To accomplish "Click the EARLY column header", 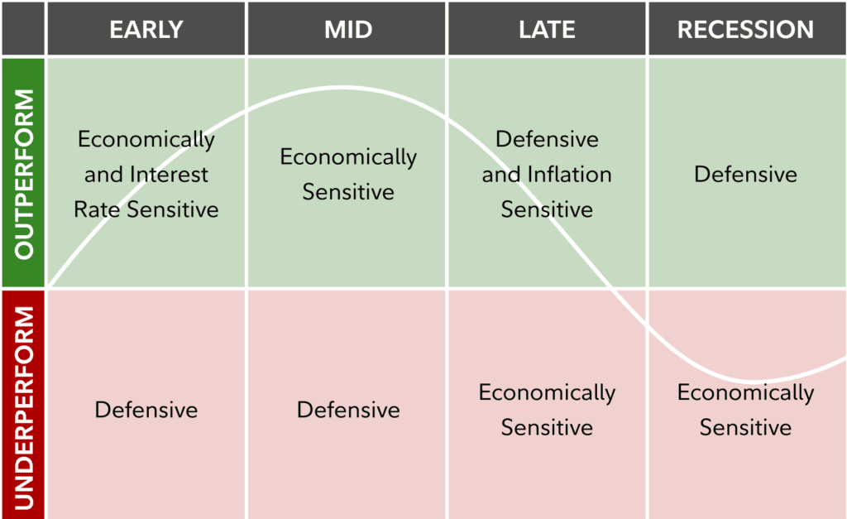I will [x=146, y=30].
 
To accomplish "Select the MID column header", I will [x=347, y=30].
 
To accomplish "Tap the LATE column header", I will [x=547, y=30].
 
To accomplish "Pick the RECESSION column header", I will [x=745, y=30].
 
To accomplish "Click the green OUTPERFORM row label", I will [x=23, y=173].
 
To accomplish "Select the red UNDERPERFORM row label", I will [x=23, y=405].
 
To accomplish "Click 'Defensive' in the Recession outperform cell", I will [x=745, y=175].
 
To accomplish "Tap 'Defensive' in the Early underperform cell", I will [x=146, y=410].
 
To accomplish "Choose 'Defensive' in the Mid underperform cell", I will [x=347, y=410].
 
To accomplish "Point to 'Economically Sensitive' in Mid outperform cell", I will [x=347, y=174].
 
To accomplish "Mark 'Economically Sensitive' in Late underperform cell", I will [x=547, y=410].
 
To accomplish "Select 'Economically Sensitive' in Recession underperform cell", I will [x=745, y=410].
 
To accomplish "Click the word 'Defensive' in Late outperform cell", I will [x=547, y=139].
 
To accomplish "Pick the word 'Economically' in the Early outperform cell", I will [x=146, y=139].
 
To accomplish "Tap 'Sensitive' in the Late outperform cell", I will [x=547, y=210].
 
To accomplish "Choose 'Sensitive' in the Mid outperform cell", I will [x=347, y=192].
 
